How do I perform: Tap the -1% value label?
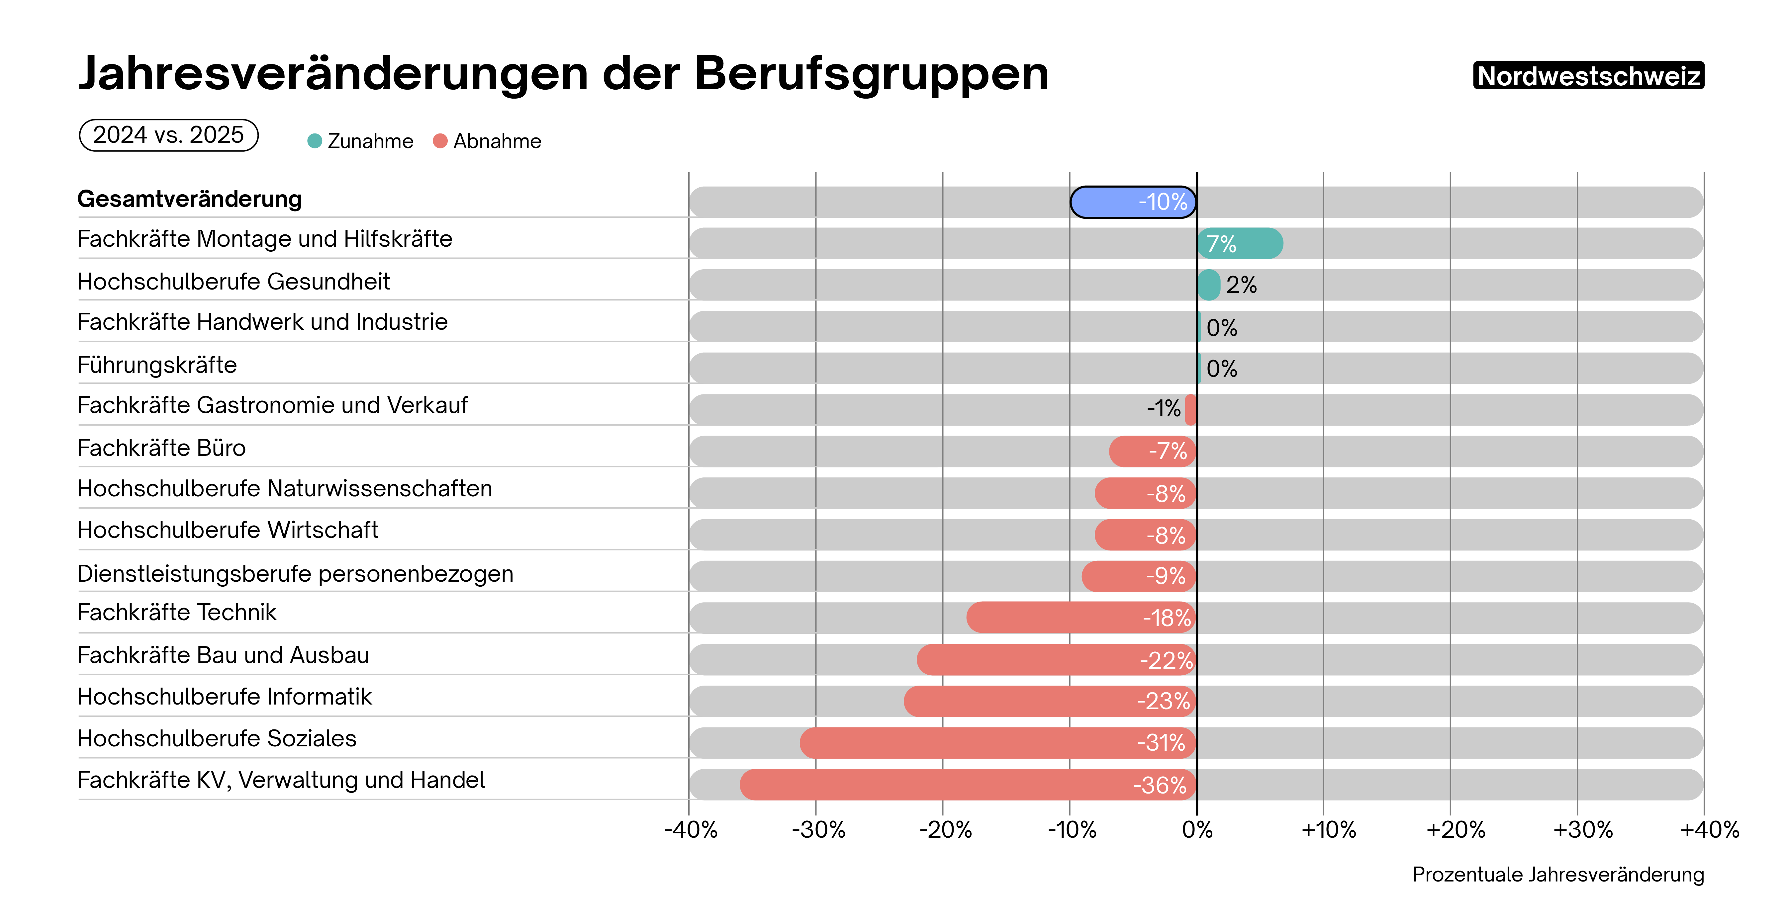tap(1164, 409)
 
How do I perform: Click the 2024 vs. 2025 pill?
tap(169, 135)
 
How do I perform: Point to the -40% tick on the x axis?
tap(691, 829)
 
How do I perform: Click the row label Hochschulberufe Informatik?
tap(224, 697)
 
